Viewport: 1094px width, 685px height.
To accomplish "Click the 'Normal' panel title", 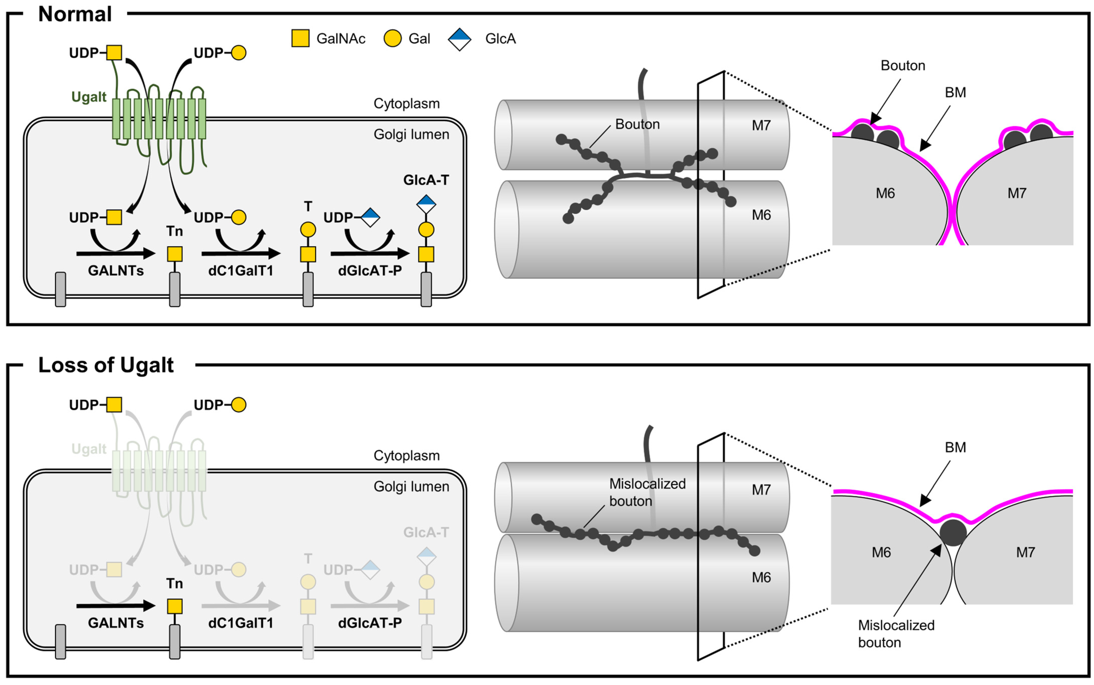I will (x=75, y=14).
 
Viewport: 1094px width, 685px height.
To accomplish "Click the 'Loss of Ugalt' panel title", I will (x=106, y=365).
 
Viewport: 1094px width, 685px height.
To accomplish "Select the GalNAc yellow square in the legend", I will (x=300, y=39).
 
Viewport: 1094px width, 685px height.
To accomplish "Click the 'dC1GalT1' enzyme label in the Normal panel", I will (x=241, y=270).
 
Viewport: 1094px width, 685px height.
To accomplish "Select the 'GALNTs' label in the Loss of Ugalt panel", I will (x=116, y=623).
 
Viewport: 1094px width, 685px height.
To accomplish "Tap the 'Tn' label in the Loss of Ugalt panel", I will (x=174, y=584).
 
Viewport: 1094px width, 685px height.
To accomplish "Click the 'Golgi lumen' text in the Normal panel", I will (x=411, y=134).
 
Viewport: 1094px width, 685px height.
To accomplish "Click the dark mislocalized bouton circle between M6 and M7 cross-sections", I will (x=953, y=533).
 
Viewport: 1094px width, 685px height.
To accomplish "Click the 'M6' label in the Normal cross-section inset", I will (x=885, y=193).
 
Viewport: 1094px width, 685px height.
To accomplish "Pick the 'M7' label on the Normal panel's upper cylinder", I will (x=761, y=125).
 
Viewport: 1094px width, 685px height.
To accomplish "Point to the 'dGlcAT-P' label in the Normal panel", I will (x=370, y=270).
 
